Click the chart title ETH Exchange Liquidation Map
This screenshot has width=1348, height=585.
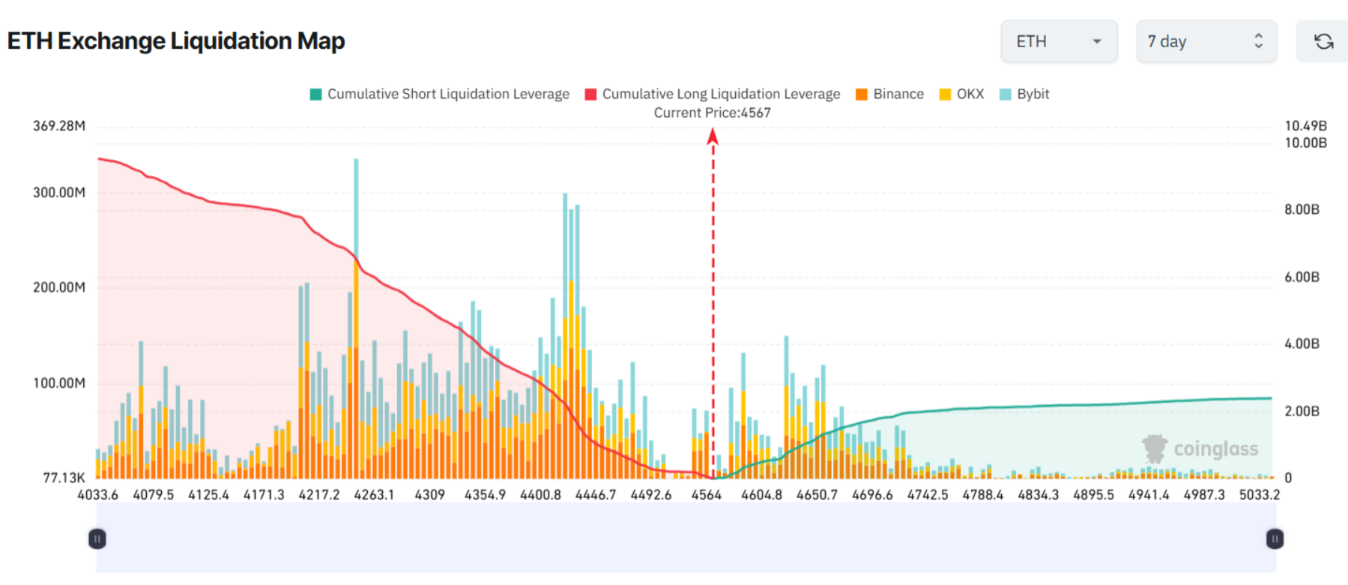pos(176,41)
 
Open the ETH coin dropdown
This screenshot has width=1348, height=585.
pos(1058,42)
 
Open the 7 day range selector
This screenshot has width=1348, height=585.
pos(1205,42)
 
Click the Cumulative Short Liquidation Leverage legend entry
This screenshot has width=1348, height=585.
pos(440,94)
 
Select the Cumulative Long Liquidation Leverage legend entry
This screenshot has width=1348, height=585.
pos(713,94)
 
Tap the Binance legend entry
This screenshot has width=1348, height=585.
pos(890,94)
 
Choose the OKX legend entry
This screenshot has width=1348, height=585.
pos(962,94)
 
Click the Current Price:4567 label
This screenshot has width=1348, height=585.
pos(712,113)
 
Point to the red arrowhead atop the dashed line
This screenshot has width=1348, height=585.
pos(713,136)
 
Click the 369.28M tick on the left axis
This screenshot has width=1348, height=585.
pos(58,126)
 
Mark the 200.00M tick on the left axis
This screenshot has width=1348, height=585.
pos(58,287)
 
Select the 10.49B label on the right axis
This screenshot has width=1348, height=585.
pos(1305,126)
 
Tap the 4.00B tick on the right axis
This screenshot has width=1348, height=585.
pos(1302,344)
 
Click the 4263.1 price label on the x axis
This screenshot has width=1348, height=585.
pos(374,495)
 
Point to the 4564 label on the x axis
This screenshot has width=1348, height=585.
pos(706,495)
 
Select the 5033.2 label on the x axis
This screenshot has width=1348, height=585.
pos(1259,495)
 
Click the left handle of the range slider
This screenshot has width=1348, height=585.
pos(97,538)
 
